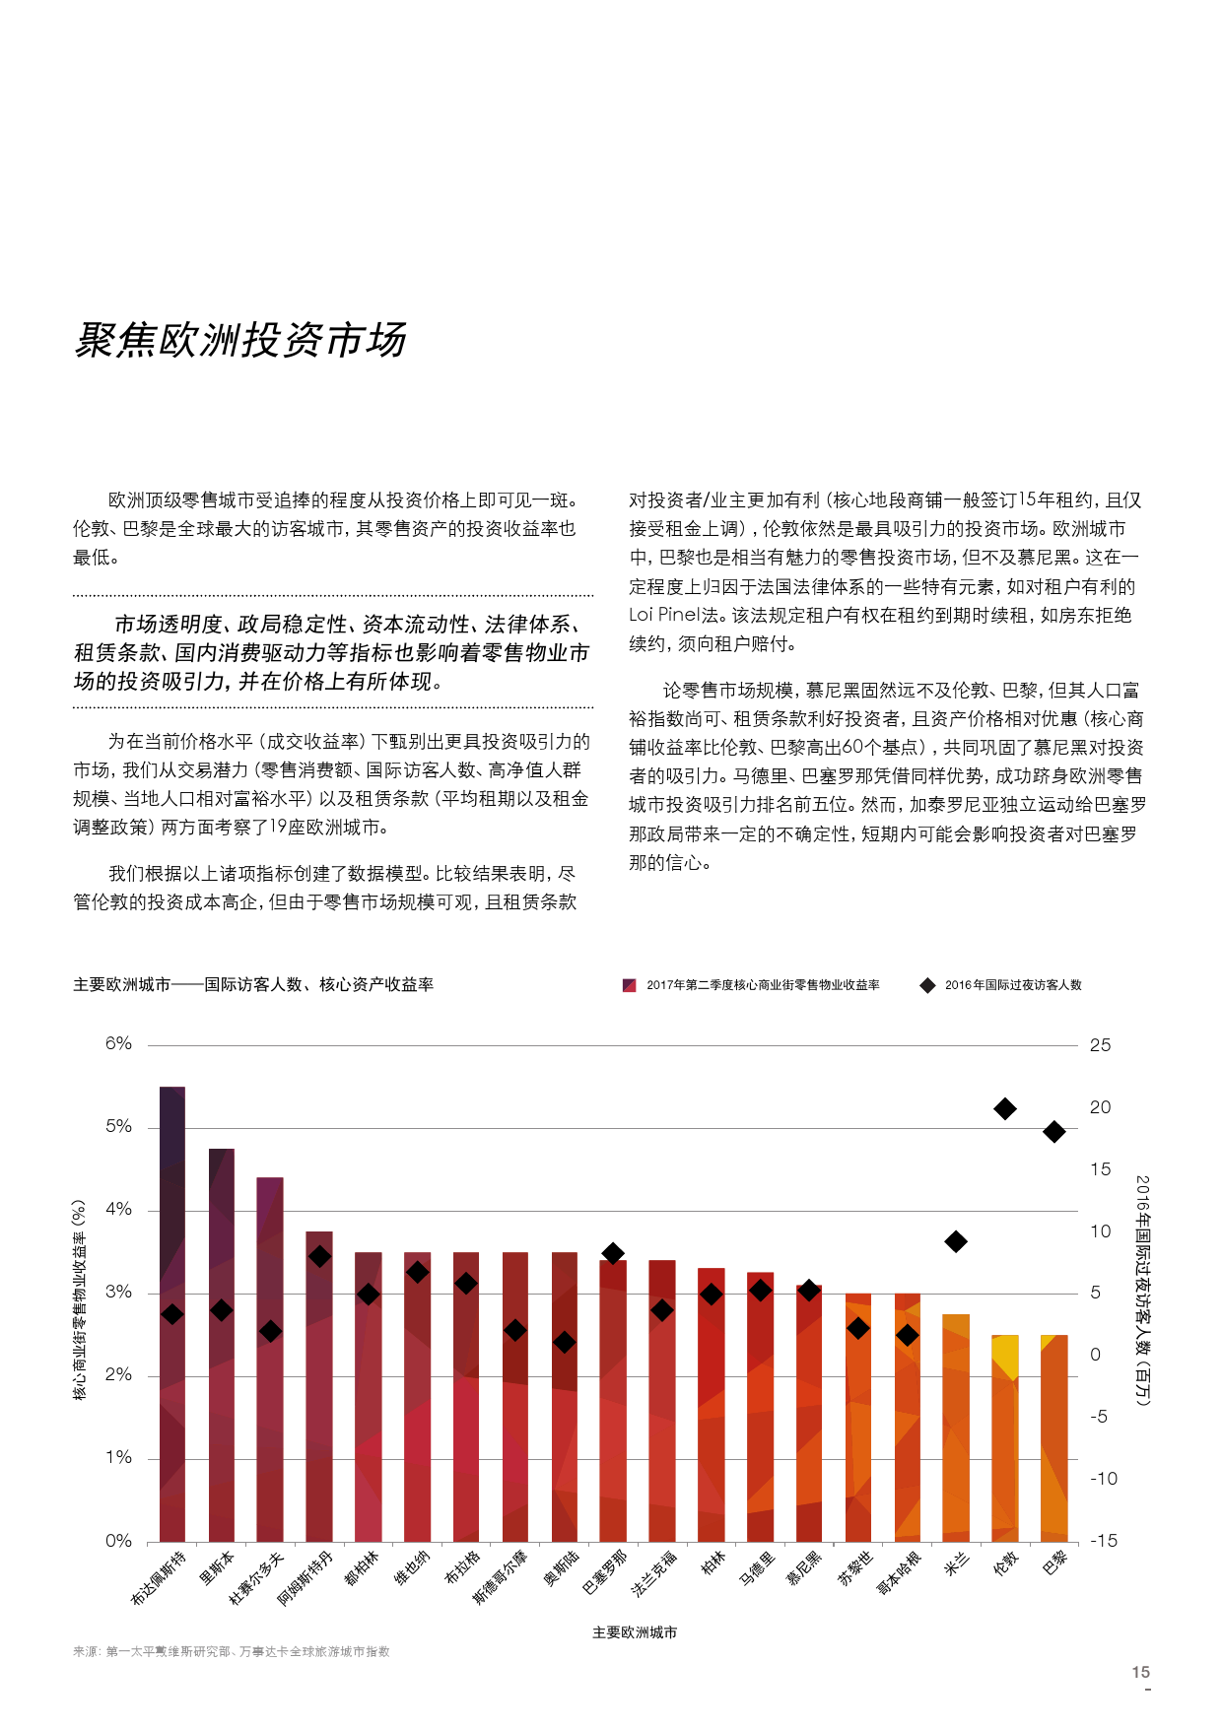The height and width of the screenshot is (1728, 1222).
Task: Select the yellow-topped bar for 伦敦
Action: coord(1005,1437)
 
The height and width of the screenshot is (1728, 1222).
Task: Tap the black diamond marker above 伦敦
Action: coord(1005,1109)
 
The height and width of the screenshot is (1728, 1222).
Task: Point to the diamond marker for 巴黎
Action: coord(1054,1132)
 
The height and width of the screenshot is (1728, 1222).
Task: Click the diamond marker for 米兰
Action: coord(956,1241)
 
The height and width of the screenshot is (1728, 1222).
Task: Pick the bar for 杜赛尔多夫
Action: coord(270,1359)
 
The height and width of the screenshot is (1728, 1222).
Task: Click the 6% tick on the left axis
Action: coord(118,1044)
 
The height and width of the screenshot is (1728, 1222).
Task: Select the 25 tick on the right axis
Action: coord(1100,1045)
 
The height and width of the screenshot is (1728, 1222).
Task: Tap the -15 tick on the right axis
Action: coord(1103,1541)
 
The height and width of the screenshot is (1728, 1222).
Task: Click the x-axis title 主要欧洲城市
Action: coord(635,1632)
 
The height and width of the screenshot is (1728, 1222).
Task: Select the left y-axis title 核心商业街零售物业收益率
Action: coord(80,1299)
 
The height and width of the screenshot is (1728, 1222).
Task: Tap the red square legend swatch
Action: coord(630,985)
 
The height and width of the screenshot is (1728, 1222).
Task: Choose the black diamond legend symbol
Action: coord(927,985)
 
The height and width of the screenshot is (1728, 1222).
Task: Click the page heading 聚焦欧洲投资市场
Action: coord(240,340)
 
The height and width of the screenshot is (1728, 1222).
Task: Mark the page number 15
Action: coord(1140,1672)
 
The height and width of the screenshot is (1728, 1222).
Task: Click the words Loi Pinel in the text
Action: coord(664,616)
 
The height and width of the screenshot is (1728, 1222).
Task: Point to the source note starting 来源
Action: coord(231,1651)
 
